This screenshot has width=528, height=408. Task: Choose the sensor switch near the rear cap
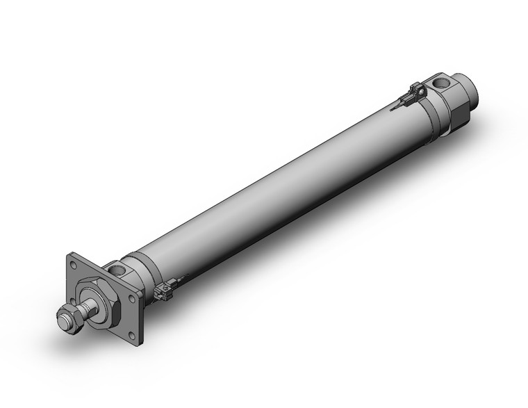[x=417, y=92]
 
